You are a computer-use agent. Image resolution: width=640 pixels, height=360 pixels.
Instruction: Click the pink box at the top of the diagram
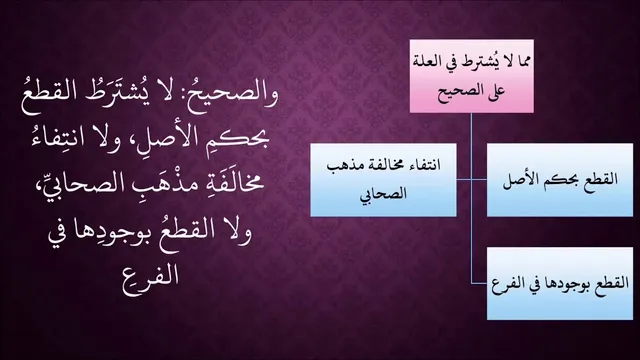(x=471, y=76)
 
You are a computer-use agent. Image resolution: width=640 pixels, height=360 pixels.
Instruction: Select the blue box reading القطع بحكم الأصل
(x=560, y=180)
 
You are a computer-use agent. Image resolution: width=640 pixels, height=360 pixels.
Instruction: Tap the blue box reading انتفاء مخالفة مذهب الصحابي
(x=383, y=180)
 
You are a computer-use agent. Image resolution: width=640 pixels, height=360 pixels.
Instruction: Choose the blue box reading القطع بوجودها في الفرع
(x=560, y=283)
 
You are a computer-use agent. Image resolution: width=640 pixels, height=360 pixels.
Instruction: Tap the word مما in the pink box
(x=522, y=62)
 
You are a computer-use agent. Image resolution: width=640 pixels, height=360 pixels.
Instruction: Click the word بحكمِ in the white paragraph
(x=242, y=140)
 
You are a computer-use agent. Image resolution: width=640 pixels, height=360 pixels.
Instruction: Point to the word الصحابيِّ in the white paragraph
(x=82, y=184)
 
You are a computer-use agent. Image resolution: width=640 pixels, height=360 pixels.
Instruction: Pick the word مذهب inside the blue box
(x=343, y=166)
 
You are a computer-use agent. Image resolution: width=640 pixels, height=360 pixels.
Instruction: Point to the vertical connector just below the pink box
(x=471, y=146)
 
